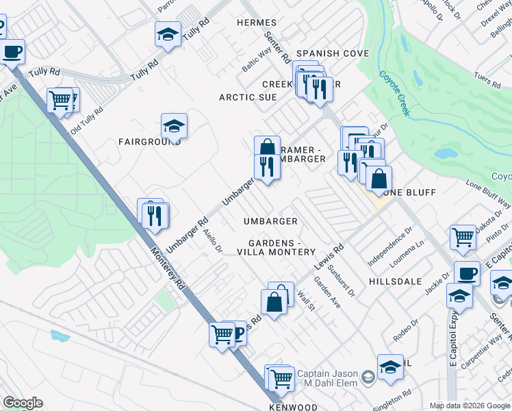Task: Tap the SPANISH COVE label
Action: click(333, 53)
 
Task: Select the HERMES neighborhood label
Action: click(257, 23)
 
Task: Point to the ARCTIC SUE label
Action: click(248, 97)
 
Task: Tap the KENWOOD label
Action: click(298, 407)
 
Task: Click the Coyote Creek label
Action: click(394, 94)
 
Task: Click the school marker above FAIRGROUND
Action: click(175, 126)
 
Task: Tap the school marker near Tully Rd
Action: click(168, 34)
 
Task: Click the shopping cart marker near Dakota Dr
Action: click(463, 237)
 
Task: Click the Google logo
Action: click(23, 403)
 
